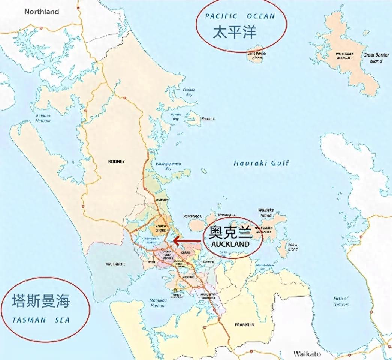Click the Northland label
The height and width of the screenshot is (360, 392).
tap(42, 12)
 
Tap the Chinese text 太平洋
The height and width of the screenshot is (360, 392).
tap(235, 33)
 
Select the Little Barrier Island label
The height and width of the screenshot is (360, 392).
tap(257, 56)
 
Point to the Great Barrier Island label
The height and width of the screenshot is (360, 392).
tap(376, 58)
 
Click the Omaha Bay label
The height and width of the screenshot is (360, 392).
tap(189, 93)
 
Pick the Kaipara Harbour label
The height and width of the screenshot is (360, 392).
tap(43, 118)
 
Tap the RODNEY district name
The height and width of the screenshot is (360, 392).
tap(116, 162)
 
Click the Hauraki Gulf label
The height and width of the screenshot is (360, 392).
tap(261, 163)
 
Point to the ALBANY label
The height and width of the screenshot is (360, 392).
tap(162, 200)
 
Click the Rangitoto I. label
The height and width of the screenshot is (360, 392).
tap(193, 216)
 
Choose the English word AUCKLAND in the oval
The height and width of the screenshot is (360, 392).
tap(230, 244)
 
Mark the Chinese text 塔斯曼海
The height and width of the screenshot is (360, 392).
tap(41, 301)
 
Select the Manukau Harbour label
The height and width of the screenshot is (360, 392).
tap(158, 303)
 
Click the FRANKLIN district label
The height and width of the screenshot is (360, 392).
tap(244, 325)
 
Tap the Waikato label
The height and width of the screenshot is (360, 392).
tap(307, 354)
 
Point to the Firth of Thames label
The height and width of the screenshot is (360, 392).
tap(341, 302)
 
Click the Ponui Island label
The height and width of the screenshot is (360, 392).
tap(293, 246)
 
